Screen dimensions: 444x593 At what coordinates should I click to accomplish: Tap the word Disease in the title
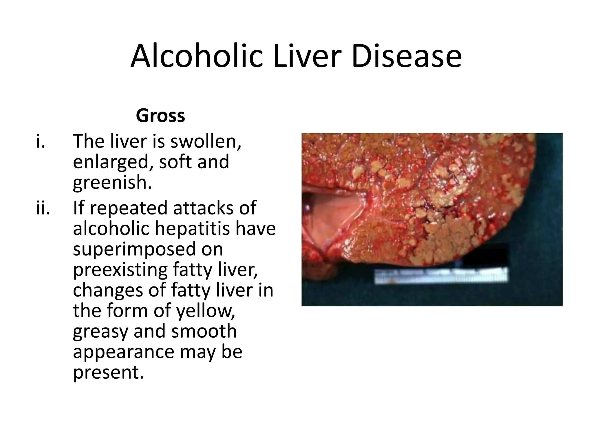[x=407, y=57]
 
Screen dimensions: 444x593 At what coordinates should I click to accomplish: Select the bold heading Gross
[x=160, y=116]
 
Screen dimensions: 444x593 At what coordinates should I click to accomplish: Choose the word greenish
[x=112, y=183]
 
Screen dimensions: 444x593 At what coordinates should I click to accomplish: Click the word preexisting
[x=120, y=270]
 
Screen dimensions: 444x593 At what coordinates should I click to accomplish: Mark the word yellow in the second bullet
[x=205, y=310]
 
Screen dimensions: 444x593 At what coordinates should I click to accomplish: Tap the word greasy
[x=100, y=332]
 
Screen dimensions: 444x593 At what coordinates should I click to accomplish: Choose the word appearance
[x=123, y=352]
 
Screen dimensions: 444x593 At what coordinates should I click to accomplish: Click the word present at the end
[x=108, y=372]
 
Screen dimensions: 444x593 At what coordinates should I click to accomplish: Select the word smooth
[x=204, y=331]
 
